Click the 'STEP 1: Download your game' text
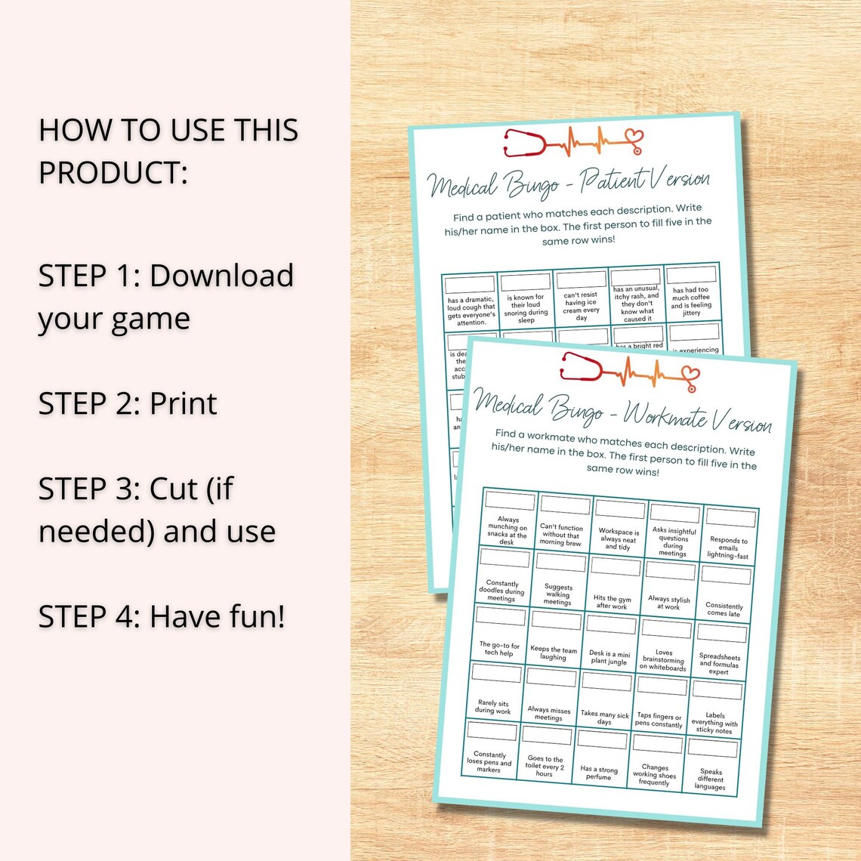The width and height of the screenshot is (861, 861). click(166, 297)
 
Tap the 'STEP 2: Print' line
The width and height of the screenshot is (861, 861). click(128, 403)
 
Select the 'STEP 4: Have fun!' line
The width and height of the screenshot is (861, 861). click(162, 616)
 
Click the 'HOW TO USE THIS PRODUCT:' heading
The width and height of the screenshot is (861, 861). click(168, 151)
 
